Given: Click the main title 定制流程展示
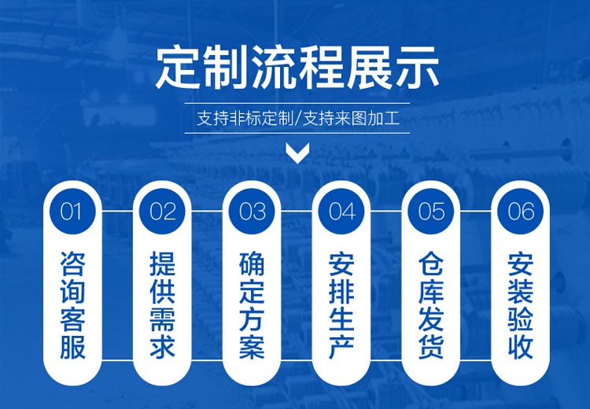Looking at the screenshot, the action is pyautogui.click(x=297, y=68).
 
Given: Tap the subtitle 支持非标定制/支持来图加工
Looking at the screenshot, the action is pyautogui.click(x=297, y=119).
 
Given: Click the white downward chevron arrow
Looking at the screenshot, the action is pyautogui.click(x=297, y=153).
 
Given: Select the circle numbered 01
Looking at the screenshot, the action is pyautogui.click(x=72, y=211).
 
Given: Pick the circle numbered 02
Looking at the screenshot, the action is pyautogui.click(x=162, y=211).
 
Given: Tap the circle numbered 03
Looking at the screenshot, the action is pyautogui.click(x=252, y=211).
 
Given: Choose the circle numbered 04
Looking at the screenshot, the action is pyautogui.click(x=341, y=211).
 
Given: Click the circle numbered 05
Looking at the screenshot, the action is pyautogui.click(x=431, y=211).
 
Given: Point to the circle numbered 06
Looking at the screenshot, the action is pyautogui.click(x=521, y=211).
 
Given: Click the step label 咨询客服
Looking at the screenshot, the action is pyautogui.click(x=72, y=305).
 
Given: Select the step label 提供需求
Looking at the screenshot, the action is pyautogui.click(x=162, y=305).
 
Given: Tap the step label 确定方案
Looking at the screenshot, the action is pyautogui.click(x=252, y=305).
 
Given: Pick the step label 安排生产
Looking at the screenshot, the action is pyautogui.click(x=341, y=305).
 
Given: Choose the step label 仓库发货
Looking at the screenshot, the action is pyautogui.click(x=431, y=305).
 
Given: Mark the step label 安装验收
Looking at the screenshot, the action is pyautogui.click(x=521, y=305).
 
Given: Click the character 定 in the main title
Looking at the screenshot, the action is pyautogui.click(x=178, y=68).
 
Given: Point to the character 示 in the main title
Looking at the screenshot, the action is pyautogui.click(x=417, y=68).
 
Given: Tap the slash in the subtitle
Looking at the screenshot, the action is pyautogui.click(x=297, y=119).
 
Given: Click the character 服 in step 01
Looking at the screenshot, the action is pyautogui.click(x=72, y=347).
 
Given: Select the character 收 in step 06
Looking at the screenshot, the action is pyautogui.click(x=521, y=347).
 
